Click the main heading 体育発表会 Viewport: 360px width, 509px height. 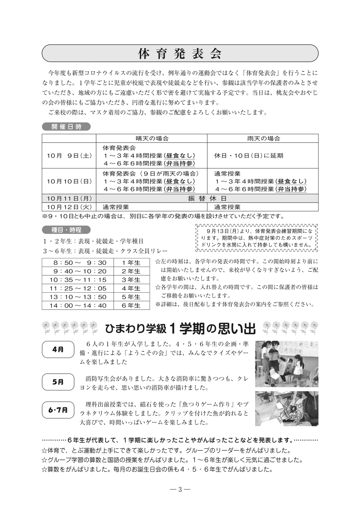[180, 54]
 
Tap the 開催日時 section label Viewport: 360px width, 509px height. [66, 127]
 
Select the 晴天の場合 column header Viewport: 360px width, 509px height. [152, 139]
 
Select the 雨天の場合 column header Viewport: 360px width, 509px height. [263, 139]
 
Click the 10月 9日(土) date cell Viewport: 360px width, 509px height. [69, 156]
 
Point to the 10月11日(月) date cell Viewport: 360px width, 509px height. [69, 198]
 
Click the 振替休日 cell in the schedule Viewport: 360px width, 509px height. [207, 198]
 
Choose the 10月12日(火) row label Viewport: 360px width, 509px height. [69, 207]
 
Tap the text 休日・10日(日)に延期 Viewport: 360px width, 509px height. [248, 156]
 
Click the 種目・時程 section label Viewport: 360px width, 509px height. [66, 230]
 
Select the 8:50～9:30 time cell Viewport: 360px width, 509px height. [78, 262]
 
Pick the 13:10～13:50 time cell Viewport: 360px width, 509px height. [78, 297]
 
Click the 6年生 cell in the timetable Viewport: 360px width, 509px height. [131, 306]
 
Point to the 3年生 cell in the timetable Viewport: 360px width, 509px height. [131, 280]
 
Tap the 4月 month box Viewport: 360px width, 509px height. [58, 349]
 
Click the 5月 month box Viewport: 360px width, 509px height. [58, 382]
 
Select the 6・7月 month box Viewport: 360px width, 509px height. [58, 410]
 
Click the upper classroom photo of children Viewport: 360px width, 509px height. [287, 364]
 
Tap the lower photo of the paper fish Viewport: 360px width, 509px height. [287, 408]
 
